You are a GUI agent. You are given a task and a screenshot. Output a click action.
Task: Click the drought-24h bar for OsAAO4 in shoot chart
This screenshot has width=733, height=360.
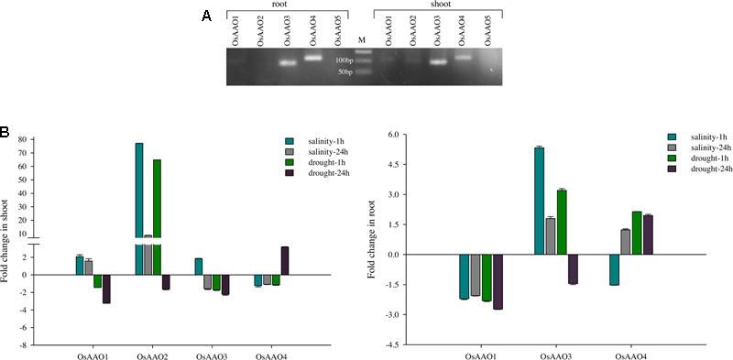(285, 260)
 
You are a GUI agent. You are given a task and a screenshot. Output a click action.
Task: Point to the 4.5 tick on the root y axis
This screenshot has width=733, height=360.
(393, 165)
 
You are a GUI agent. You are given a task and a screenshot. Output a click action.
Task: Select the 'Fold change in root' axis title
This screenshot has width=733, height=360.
(371, 238)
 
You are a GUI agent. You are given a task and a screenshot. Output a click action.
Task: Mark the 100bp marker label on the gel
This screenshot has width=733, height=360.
(344, 60)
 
